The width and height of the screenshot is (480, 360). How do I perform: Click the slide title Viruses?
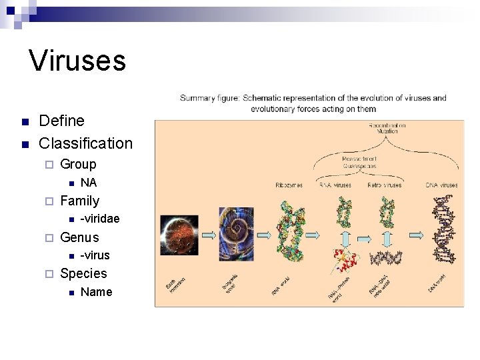tap(77, 61)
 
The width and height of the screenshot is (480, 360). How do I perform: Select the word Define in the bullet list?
tap(61, 121)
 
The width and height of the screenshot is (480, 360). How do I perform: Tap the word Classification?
tap(85, 143)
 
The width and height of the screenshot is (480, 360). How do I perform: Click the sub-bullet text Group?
tap(78, 164)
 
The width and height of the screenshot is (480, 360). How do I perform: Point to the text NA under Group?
tap(88, 183)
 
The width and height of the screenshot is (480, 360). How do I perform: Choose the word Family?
tap(79, 201)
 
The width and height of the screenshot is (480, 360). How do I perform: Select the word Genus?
tap(79, 237)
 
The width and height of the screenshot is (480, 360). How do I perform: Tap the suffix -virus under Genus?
tap(95, 255)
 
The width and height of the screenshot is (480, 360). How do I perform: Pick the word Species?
tap(83, 273)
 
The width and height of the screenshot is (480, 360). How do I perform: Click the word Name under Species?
tap(96, 292)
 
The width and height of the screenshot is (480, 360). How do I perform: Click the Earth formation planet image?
tap(179, 235)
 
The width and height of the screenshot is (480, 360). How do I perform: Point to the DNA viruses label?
tap(441, 185)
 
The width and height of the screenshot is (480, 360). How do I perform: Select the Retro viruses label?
tap(385, 185)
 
